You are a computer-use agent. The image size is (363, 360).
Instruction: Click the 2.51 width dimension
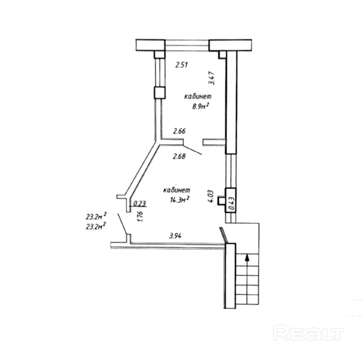coord(182,65)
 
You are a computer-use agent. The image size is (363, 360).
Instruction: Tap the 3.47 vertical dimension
coord(212,78)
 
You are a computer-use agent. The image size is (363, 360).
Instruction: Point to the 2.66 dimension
coord(179,131)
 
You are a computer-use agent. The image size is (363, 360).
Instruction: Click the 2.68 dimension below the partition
coord(179,156)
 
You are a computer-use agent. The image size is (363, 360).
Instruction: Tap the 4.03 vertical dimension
coord(210,197)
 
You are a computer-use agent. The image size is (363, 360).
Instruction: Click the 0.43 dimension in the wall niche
coord(232,203)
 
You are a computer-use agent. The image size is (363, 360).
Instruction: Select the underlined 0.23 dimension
coord(140,203)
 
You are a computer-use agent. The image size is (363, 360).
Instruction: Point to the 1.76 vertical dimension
coord(140,216)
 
